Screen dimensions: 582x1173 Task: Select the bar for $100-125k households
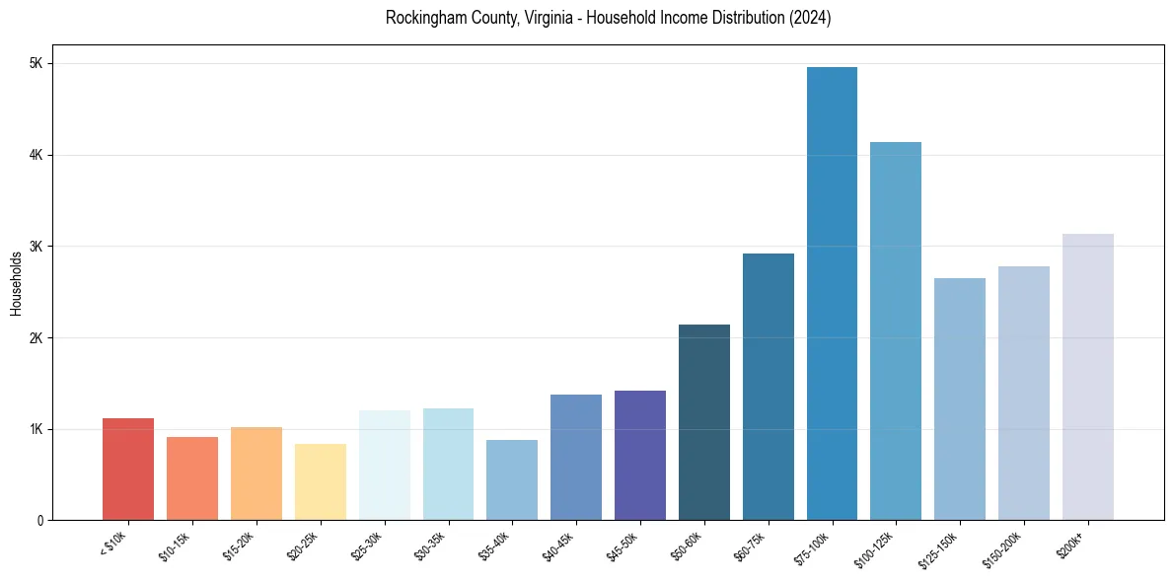(896, 330)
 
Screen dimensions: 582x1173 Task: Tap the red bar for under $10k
(128, 469)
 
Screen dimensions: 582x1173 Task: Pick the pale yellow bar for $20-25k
(321, 481)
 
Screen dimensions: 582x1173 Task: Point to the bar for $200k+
(1087, 377)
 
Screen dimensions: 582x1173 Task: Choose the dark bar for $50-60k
(704, 422)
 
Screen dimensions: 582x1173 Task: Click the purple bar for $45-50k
(640, 455)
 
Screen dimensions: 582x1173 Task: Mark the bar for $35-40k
(512, 479)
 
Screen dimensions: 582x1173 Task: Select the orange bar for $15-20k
(257, 473)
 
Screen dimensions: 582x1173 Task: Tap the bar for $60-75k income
(769, 387)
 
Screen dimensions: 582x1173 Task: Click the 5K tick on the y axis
(36, 63)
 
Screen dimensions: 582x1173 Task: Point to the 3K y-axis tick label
(36, 246)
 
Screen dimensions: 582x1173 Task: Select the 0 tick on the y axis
(39, 520)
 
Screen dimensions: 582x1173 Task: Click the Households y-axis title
(16, 283)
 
